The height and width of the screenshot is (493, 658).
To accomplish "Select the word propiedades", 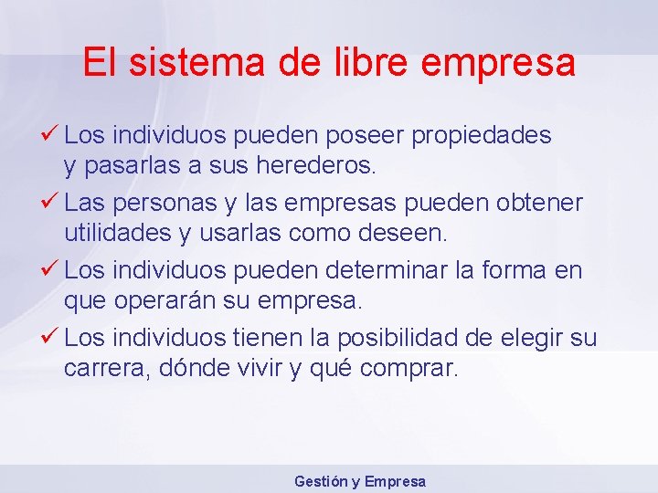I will pyautogui.click(x=482, y=136).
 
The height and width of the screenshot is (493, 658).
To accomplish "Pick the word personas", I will pyautogui.click(x=163, y=202).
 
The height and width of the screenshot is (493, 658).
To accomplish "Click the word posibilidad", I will pyautogui.click(x=398, y=338).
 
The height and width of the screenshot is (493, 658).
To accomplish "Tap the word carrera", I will pyautogui.click(x=101, y=370).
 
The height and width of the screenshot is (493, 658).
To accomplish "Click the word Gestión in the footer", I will pyautogui.click(x=320, y=481).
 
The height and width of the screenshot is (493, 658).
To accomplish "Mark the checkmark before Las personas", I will pyautogui.click(x=51, y=201).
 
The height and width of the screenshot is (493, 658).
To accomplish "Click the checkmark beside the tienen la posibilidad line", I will pyautogui.click(x=51, y=337).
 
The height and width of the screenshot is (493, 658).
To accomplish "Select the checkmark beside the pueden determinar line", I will pyautogui.click(x=51, y=269).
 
